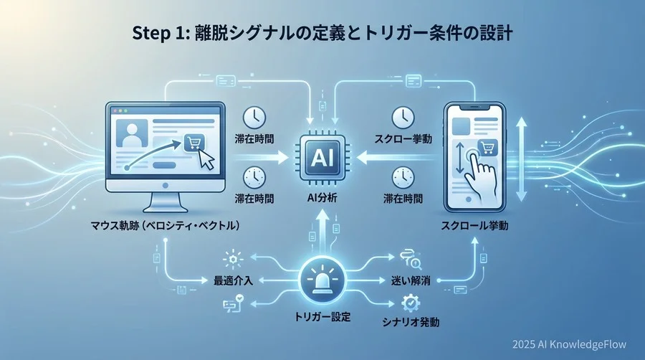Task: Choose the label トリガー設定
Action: click(322, 316)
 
